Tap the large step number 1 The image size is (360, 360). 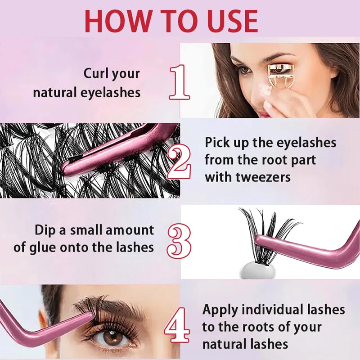[x=180, y=82]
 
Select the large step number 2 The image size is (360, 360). [x=179, y=162]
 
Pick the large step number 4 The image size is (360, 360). [x=177, y=324]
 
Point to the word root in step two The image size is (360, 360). [x=271, y=160]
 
